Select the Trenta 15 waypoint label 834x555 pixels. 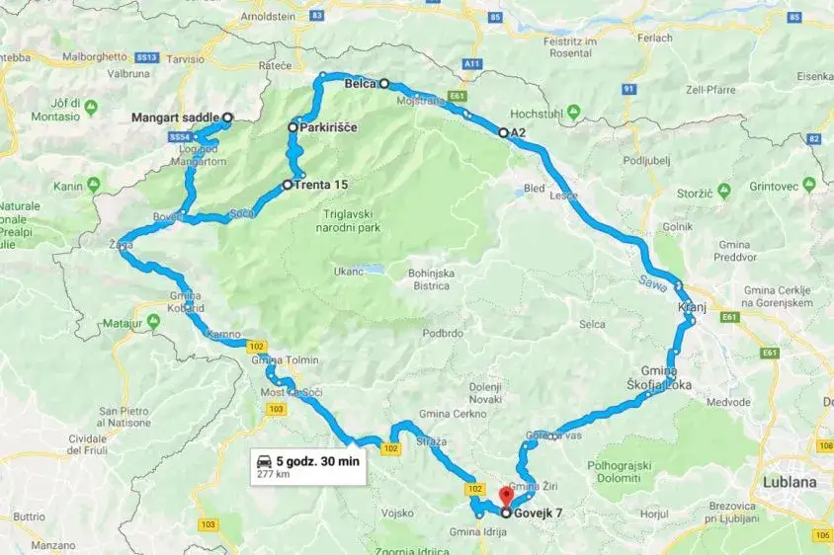[x=321, y=185]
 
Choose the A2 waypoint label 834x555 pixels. [x=519, y=132]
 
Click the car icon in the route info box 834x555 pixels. [x=265, y=460]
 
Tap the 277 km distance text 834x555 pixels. [x=273, y=474]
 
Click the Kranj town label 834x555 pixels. [x=691, y=307]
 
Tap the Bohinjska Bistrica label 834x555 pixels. [x=428, y=279]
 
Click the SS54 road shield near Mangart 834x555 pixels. [x=180, y=136]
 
